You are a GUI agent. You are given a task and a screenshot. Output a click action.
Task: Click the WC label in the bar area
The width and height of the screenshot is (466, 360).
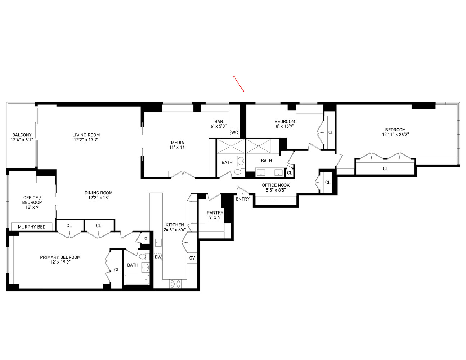[x=234, y=132]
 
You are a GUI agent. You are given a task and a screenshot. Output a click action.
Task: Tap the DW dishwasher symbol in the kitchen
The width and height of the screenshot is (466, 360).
[x=158, y=257]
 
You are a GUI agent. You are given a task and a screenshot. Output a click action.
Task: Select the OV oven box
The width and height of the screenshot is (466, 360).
[x=192, y=258]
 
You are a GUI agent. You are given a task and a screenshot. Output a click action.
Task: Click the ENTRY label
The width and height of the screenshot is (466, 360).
[x=243, y=199]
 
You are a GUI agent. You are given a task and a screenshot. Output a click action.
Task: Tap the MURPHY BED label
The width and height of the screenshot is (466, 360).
[x=32, y=227]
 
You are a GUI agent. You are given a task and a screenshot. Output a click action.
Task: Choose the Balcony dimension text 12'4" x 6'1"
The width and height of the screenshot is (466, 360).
[x=22, y=140]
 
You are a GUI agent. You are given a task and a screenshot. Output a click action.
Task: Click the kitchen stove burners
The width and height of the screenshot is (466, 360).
[x=175, y=284]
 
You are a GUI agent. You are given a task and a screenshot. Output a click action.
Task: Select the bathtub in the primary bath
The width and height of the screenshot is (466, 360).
[x=136, y=280]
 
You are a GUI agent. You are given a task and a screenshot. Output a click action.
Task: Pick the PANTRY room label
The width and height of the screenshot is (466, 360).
[x=215, y=213]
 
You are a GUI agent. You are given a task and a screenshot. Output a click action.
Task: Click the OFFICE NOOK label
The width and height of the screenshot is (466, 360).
[x=276, y=185]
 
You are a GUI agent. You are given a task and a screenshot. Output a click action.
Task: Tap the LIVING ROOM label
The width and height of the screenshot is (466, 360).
[x=86, y=135]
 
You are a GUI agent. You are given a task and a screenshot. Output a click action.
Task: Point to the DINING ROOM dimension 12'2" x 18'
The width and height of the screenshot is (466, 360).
[x=99, y=198]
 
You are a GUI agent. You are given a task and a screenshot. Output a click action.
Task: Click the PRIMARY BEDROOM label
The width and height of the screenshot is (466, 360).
[x=60, y=257]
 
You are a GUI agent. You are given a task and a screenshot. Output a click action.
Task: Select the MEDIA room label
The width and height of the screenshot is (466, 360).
[x=178, y=142]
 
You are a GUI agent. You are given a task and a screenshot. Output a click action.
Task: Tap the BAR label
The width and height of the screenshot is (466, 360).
[x=219, y=122]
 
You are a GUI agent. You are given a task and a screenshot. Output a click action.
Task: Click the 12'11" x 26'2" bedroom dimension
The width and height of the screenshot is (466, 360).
[x=395, y=135]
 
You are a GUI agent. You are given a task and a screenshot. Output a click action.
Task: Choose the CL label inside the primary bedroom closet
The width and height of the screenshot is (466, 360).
[x=117, y=270]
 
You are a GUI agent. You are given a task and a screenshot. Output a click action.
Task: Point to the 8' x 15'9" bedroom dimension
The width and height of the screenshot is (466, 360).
[x=285, y=126]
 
